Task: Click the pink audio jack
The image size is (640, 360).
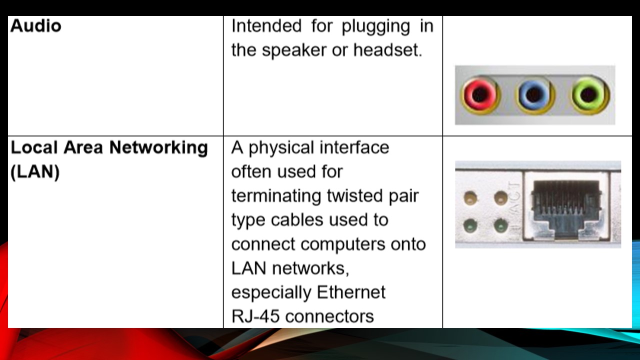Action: [x=480, y=95]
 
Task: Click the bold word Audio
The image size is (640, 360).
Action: [x=35, y=25]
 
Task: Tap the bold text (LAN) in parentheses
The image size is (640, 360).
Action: [x=35, y=172]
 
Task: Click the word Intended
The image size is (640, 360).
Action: [x=266, y=26]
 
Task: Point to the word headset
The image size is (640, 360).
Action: [x=387, y=50]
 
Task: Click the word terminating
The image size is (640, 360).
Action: [x=276, y=196]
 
